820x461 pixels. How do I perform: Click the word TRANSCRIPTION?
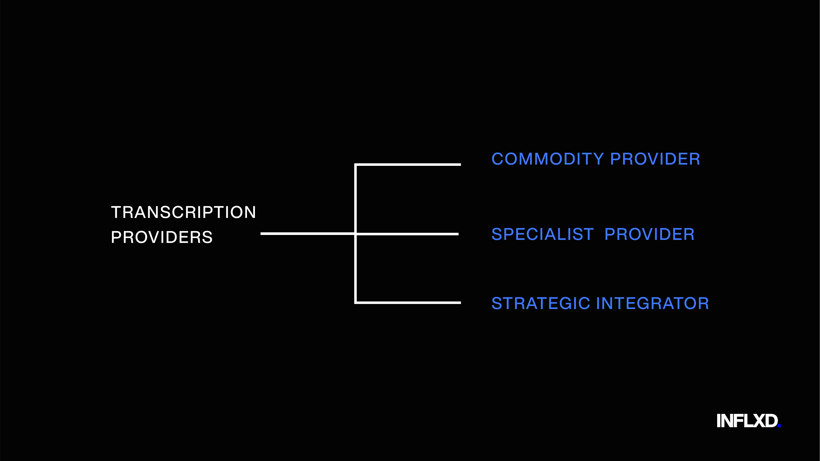tap(183, 212)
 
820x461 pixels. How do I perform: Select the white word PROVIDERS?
tap(162, 237)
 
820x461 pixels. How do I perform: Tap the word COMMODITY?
tap(548, 159)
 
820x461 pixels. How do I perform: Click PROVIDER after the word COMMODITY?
tap(655, 159)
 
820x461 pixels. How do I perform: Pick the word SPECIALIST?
tap(543, 235)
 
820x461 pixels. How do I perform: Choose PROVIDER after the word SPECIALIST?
tap(649, 235)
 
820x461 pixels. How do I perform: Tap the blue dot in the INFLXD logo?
tap(779, 425)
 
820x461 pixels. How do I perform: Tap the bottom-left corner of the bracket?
tap(355, 303)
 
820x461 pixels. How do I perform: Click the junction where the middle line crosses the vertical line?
tap(355, 234)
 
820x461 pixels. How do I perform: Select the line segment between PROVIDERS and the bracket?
tap(307, 234)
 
